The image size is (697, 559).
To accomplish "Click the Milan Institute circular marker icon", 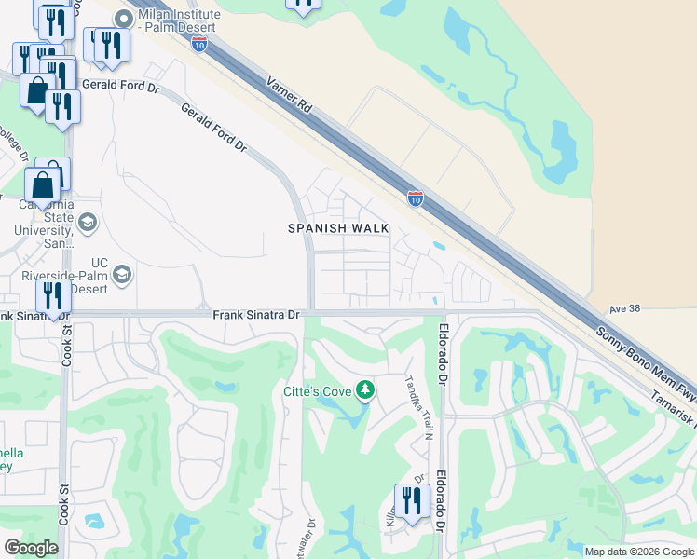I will tap(121, 16).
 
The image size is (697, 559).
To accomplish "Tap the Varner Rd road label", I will tap(290, 97).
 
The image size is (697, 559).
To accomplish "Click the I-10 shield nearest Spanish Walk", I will tap(416, 198).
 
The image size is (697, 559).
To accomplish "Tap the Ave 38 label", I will tap(627, 308).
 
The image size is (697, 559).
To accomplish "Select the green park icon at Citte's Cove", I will tap(365, 390).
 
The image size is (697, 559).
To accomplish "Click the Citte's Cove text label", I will tap(317, 391).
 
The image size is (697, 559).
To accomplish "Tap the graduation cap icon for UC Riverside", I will tap(122, 275).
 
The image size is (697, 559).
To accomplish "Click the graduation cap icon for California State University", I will tap(88, 222).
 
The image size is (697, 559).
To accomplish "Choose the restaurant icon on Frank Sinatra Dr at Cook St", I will tap(53, 295).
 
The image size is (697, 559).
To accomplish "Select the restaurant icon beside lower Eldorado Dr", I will tap(411, 499).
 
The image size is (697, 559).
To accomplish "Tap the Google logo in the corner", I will tap(32, 548).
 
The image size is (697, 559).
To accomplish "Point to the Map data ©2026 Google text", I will tap(638, 552).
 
